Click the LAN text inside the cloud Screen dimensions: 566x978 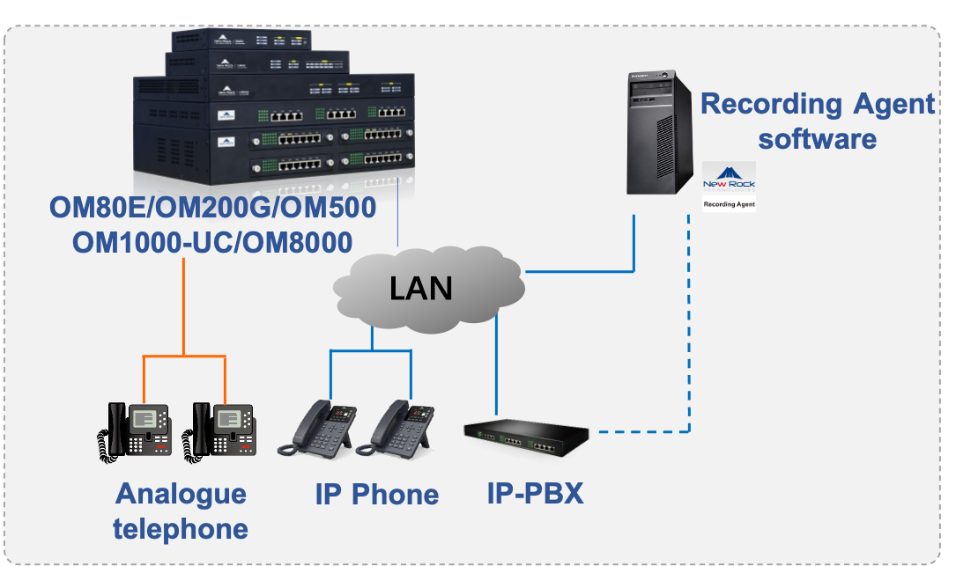click(x=421, y=287)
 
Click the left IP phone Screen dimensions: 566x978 click(x=318, y=428)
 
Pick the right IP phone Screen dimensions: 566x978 click(x=401, y=428)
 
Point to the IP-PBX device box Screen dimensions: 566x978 click(x=526, y=435)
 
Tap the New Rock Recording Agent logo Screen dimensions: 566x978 click(x=729, y=187)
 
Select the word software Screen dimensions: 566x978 click(x=818, y=139)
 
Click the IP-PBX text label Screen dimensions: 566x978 click(x=535, y=494)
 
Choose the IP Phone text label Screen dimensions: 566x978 click(x=377, y=495)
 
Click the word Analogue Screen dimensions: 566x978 click(x=181, y=494)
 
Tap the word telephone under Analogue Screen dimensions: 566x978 click(x=181, y=528)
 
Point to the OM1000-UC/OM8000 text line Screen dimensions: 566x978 click(x=212, y=243)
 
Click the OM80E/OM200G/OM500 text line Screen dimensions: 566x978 click(x=212, y=209)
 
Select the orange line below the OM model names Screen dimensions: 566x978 click(x=183, y=308)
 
